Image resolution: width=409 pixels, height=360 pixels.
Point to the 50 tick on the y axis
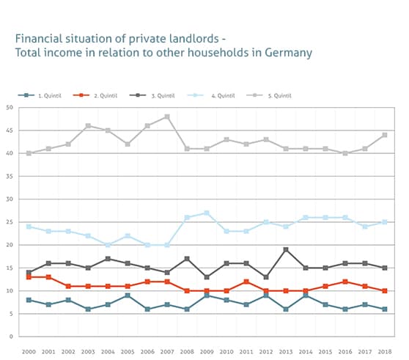10,108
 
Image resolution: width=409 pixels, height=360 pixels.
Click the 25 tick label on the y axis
10,222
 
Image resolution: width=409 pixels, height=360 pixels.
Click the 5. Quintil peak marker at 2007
168,117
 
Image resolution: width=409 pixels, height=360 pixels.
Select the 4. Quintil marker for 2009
207,213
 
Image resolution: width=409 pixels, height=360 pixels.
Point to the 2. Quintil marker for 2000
29,277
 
